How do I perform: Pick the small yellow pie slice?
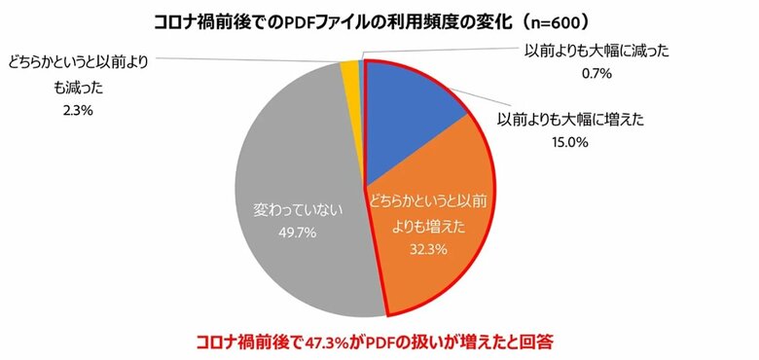pyautogui.click(x=350, y=70)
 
